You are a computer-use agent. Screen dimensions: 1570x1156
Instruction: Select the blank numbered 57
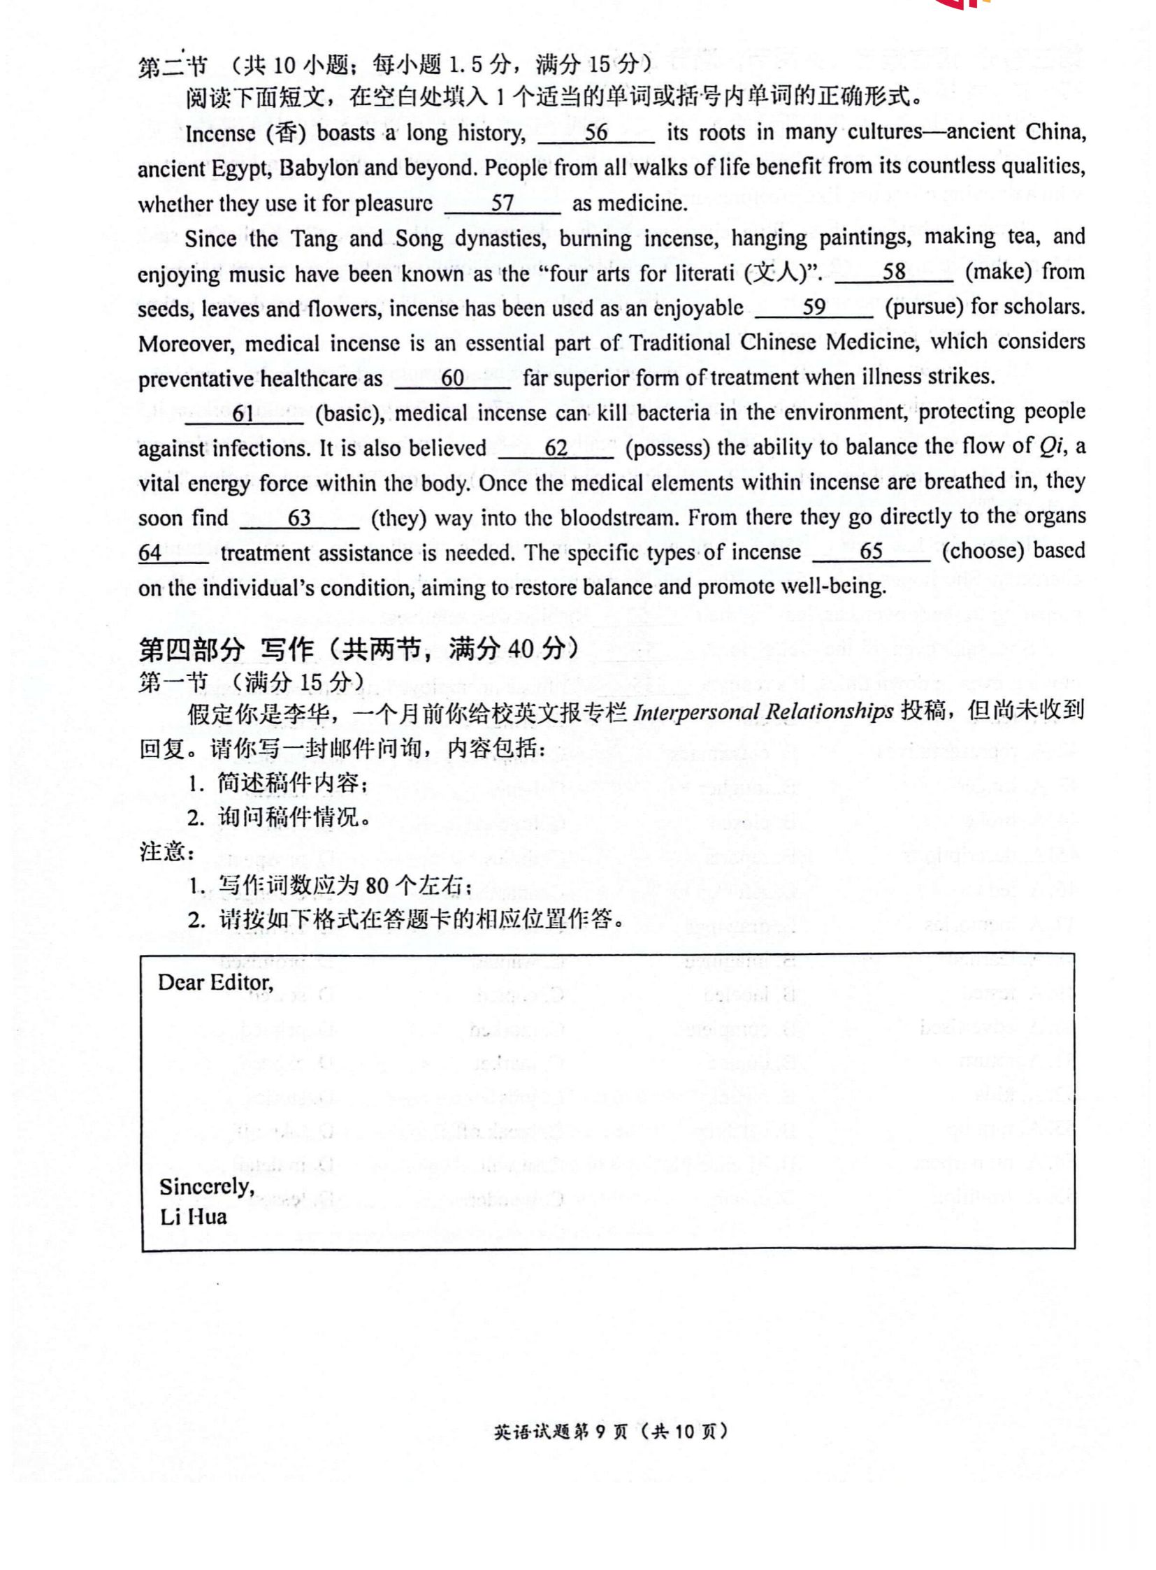coord(503,203)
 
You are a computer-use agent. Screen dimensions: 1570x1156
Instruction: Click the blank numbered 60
coord(452,379)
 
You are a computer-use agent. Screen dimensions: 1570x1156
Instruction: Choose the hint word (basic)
coord(349,414)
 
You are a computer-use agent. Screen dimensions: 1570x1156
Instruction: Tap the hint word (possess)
coord(665,448)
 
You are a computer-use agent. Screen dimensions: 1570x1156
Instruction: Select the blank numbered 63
coord(299,519)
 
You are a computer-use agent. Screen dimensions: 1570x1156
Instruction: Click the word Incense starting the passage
coord(219,134)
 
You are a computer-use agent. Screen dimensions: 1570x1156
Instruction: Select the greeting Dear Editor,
coord(215,983)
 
